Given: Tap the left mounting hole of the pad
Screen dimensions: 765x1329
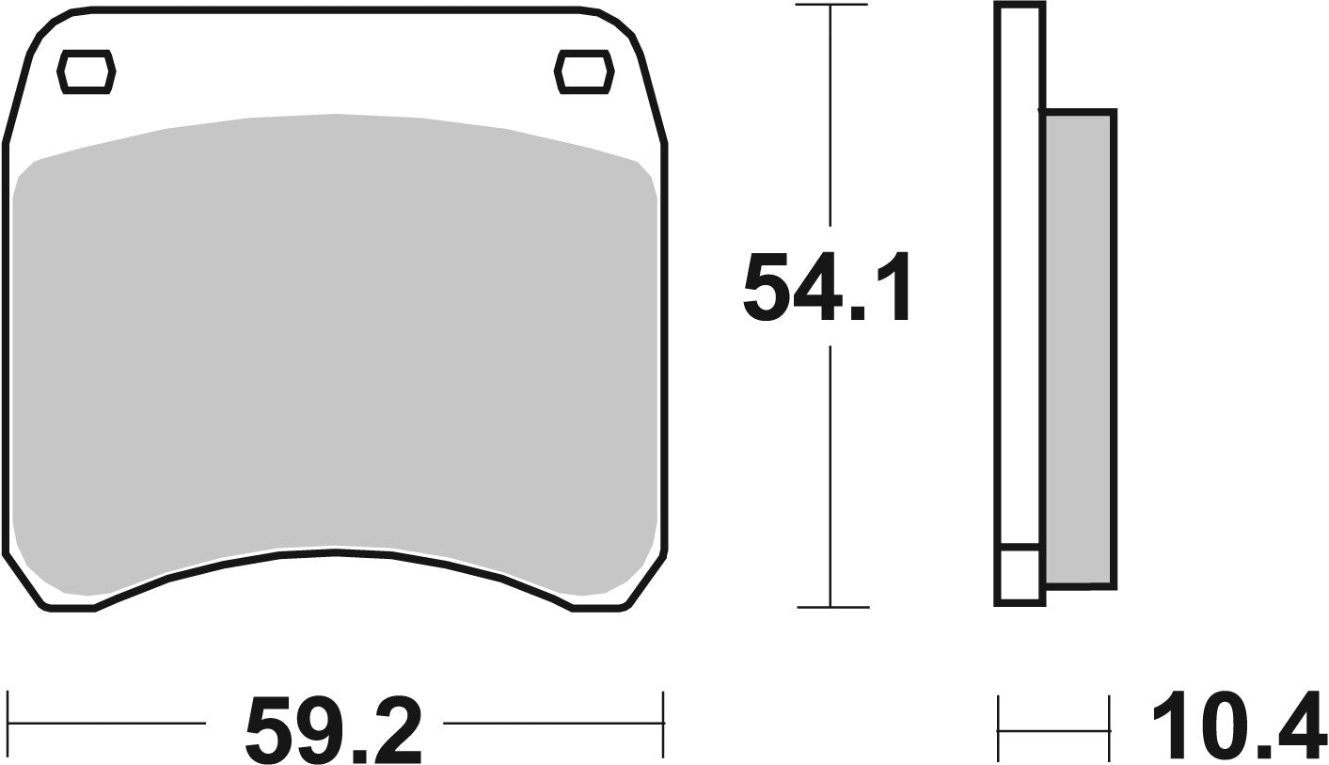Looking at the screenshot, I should [x=87, y=72].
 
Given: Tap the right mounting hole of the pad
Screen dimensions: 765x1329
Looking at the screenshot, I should [x=582, y=72].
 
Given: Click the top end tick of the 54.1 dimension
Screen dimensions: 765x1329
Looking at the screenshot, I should [x=831, y=6].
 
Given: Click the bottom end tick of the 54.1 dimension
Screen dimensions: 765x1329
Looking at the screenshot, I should [x=831, y=607].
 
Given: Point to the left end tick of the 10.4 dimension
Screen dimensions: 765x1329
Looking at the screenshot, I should [x=998, y=728].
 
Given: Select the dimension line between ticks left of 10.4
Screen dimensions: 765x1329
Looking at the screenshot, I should [x=1053, y=729].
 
